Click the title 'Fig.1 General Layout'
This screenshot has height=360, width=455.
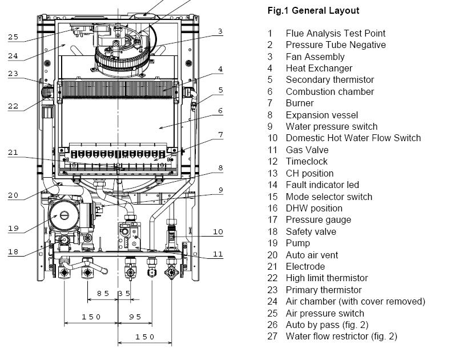tap(313, 11)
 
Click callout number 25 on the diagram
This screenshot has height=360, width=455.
tap(13, 37)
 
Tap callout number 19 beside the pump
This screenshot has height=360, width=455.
tap(13, 229)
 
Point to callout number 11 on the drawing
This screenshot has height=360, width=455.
tap(218, 254)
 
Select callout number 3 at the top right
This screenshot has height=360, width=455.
tap(220, 31)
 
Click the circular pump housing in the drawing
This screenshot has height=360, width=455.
tap(65, 215)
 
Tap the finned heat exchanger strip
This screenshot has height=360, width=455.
tap(118, 89)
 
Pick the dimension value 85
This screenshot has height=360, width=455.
tap(103, 294)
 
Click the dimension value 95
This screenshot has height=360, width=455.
tap(135, 317)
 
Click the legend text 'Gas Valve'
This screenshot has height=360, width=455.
tap(307, 150)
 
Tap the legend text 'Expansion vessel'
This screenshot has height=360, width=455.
tap(322, 115)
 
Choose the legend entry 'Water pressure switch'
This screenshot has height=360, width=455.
tap(332, 127)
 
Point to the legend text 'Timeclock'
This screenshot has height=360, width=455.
tap(307, 162)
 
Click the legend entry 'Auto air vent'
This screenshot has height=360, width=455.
tap(312, 255)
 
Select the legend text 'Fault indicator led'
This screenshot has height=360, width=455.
tap(323, 185)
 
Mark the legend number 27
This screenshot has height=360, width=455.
tap(272, 337)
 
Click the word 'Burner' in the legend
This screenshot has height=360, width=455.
tap(300, 103)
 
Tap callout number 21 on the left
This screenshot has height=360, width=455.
tap(13, 153)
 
